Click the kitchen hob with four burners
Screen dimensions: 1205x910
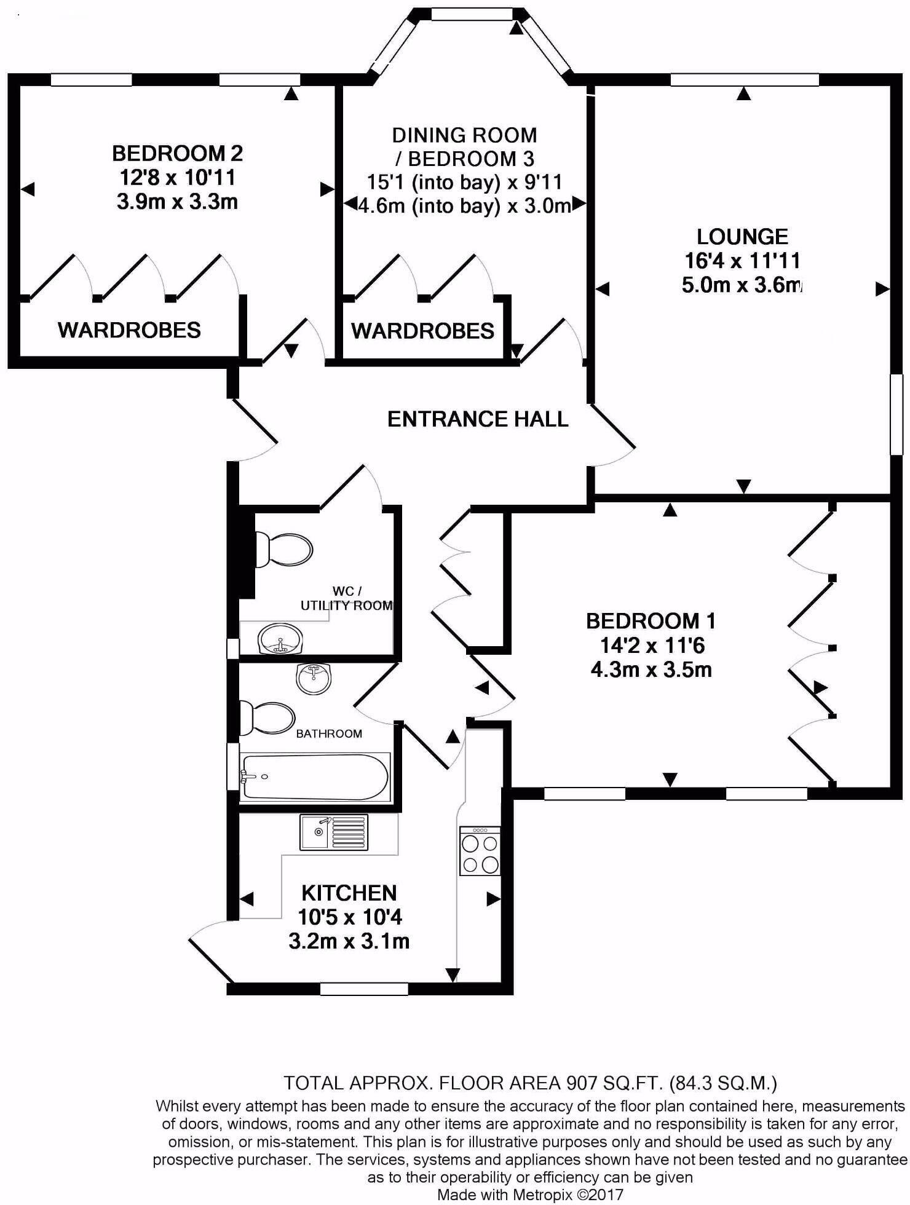click(x=480, y=851)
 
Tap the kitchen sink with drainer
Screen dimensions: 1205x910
click(x=334, y=832)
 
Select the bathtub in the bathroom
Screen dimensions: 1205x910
click(x=315, y=776)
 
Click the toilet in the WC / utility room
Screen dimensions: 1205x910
click(x=285, y=548)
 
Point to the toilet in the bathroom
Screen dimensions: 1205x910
click(x=267, y=717)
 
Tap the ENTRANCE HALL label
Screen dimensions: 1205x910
click(x=477, y=419)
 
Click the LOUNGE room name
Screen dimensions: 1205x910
click(x=742, y=237)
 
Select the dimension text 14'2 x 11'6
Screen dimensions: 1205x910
click(x=651, y=646)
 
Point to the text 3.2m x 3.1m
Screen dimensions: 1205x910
click(x=349, y=941)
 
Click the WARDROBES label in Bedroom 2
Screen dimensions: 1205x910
click(x=129, y=330)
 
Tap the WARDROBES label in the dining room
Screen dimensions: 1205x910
click(x=422, y=331)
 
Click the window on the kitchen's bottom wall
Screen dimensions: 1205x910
click(x=364, y=989)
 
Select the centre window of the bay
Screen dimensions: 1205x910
click(x=471, y=14)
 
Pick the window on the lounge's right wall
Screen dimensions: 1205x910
click(x=897, y=415)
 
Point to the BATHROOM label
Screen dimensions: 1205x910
click(x=329, y=733)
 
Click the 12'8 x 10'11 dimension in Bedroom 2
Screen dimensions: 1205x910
click(x=177, y=178)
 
